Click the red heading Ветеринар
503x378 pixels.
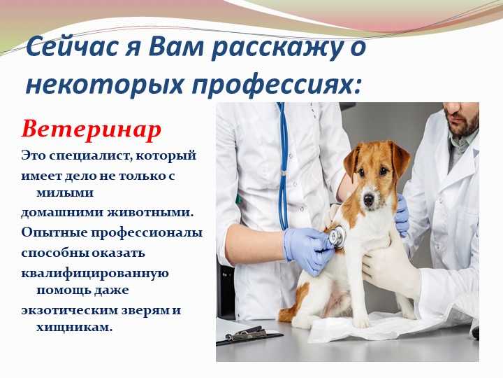pyautogui.click(x=92, y=130)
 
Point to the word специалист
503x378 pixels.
pyautogui.click(x=85, y=156)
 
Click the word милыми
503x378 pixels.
pyautogui.click(x=65, y=193)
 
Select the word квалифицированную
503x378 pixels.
pyautogui.click(x=95, y=274)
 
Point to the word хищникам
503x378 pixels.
pyautogui.click(x=75, y=328)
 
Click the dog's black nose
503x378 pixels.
pyautogui.click(x=369, y=199)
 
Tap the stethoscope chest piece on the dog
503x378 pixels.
pyautogui.click(x=336, y=235)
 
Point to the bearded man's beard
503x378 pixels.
pyautogui.click(x=466, y=124)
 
